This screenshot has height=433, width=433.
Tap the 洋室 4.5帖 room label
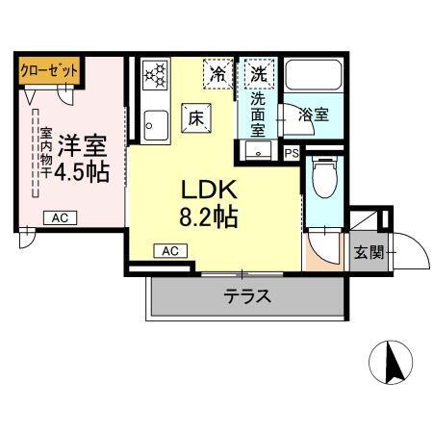82,160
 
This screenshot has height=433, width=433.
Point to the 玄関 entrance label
369,252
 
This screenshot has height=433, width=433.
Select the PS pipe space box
292,153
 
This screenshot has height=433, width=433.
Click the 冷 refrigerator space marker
218,73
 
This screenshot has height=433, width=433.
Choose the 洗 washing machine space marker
259,72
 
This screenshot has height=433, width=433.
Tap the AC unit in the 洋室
59,218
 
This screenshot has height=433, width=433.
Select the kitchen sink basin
154,123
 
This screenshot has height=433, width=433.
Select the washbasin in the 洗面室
259,151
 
